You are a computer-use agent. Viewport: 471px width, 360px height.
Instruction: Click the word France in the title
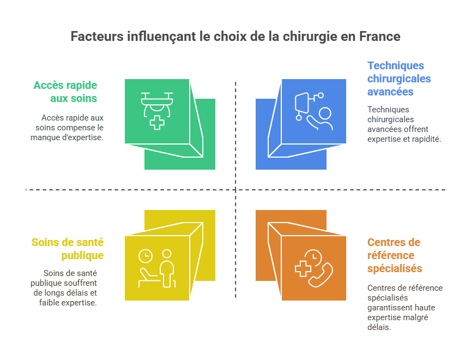[379, 37]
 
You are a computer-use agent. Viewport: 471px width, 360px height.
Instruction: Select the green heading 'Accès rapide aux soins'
[65, 92]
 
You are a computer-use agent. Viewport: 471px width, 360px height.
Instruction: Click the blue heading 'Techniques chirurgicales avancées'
[398, 79]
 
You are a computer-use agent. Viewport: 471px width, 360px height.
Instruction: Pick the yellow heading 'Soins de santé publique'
[68, 249]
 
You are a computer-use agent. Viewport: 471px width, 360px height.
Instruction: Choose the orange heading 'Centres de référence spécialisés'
[394, 255]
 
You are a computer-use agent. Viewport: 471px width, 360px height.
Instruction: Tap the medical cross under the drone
[157, 122]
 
